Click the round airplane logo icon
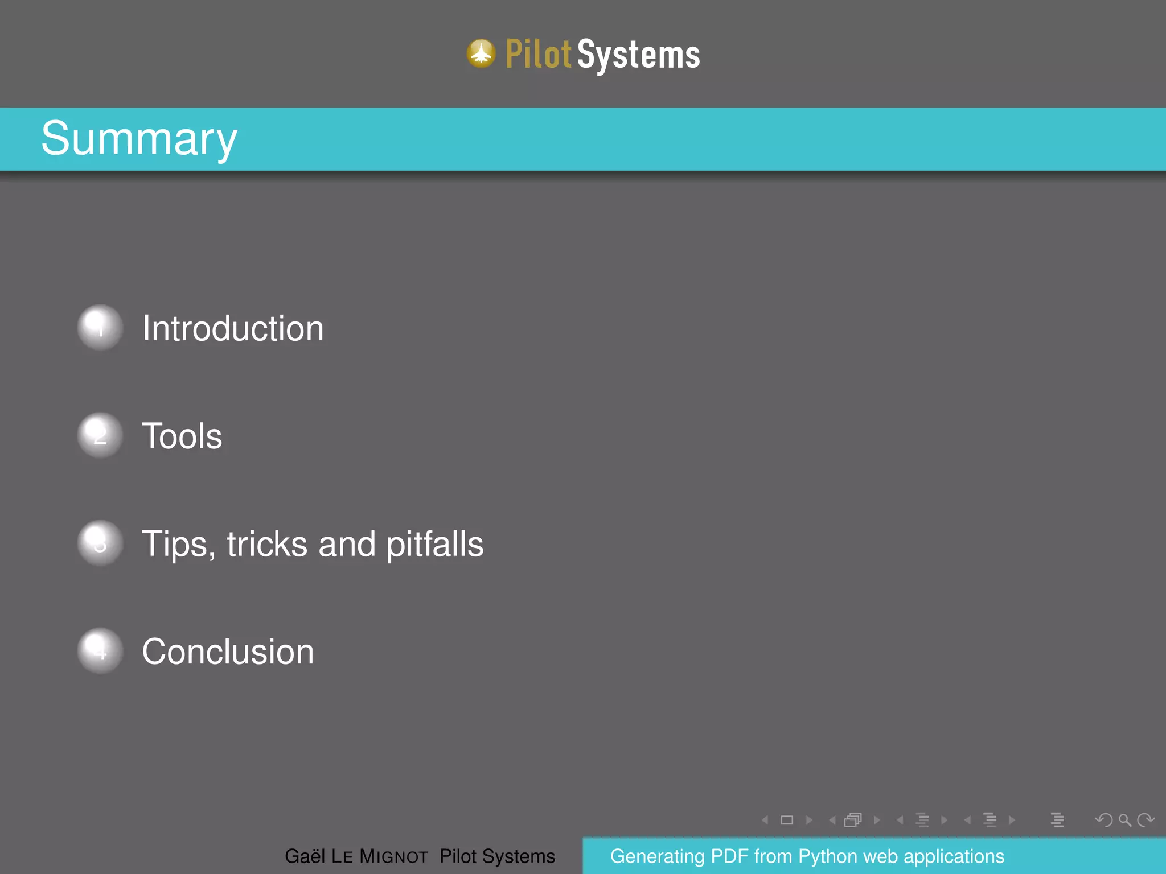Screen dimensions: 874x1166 tap(481, 54)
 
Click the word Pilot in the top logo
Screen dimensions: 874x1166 tap(538, 55)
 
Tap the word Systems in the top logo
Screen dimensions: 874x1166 tap(639, 55)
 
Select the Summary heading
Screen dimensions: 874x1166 tap(139, 139)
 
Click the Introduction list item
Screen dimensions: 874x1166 tap(233, 328)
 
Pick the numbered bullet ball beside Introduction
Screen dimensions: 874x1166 tap(100, 328)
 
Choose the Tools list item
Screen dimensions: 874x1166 tap(182, 436)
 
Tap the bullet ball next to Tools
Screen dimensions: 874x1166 tap(100, 435)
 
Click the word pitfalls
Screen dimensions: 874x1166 tap(435, 544)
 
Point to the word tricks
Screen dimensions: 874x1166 tap(268, 544)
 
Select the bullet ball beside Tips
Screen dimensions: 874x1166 tap(100, 543)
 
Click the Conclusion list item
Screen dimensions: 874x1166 tap(228, 652)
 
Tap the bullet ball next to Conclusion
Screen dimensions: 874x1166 tap(100, 651)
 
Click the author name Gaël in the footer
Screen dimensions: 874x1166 tap(305, 856)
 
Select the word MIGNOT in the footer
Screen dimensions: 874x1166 tap(393, 856)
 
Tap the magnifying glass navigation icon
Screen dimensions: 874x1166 tap(1124, 820)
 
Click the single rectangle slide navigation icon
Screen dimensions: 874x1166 tap(787, 820)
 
